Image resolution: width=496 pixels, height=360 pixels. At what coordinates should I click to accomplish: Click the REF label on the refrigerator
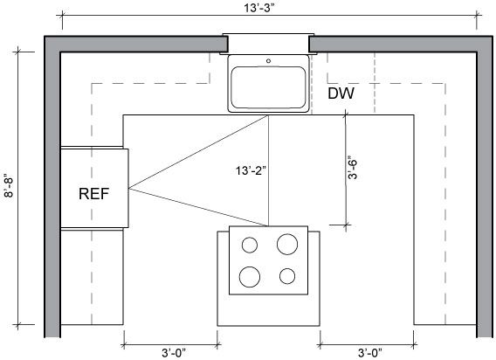93,194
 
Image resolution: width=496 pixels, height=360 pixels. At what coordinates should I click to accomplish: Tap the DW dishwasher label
341,93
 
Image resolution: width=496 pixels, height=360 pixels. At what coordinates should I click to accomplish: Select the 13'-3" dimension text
258,8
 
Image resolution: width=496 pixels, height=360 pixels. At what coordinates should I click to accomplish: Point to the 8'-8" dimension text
9,186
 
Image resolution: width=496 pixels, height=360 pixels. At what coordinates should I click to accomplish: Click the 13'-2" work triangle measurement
251,170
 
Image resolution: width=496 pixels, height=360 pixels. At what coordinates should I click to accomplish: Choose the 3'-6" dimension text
353,168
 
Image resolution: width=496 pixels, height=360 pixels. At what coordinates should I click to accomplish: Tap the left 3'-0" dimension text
174,353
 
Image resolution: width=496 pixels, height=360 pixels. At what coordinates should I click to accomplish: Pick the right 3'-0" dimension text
370,353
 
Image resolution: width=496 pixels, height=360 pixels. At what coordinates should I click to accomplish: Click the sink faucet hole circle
269,61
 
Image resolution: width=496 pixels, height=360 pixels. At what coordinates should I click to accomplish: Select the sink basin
268,87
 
